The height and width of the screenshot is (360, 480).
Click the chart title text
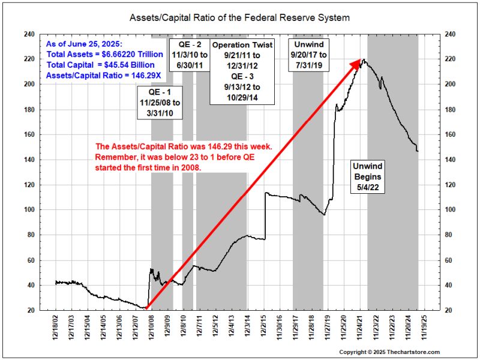click(239, 18)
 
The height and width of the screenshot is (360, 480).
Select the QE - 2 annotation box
click(191, 53)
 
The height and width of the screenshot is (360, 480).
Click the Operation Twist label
click(242, 45)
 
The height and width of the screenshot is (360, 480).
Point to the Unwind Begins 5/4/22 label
click(367, 178)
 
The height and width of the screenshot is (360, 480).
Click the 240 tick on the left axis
click(28, 34)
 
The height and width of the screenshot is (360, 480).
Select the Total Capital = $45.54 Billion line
click(92, 65)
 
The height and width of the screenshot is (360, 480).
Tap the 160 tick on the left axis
click(28, 135)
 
